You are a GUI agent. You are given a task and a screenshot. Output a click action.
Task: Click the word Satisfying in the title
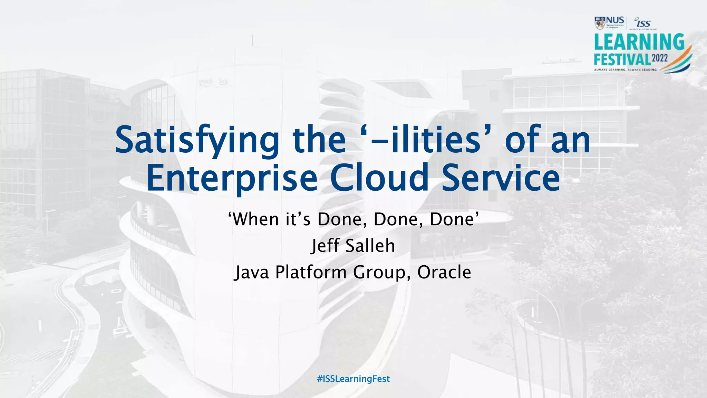coord(197,140)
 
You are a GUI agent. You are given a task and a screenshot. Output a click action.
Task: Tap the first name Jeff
coord(325,246)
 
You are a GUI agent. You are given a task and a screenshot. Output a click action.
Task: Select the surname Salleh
coord(370,246)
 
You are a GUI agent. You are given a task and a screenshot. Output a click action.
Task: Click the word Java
coord(252,272)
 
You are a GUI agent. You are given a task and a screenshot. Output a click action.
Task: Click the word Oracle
coord(444,272)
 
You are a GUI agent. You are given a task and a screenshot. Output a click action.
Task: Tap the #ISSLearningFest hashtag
coord(353,379)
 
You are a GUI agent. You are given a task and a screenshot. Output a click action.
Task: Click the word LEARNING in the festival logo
coord(639,42)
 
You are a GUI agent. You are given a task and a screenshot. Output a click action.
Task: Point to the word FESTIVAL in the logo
coord(622,59)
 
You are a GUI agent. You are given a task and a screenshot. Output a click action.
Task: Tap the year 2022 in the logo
coord(660,58)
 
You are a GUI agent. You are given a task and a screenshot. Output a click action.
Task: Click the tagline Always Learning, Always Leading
coord(625,70)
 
